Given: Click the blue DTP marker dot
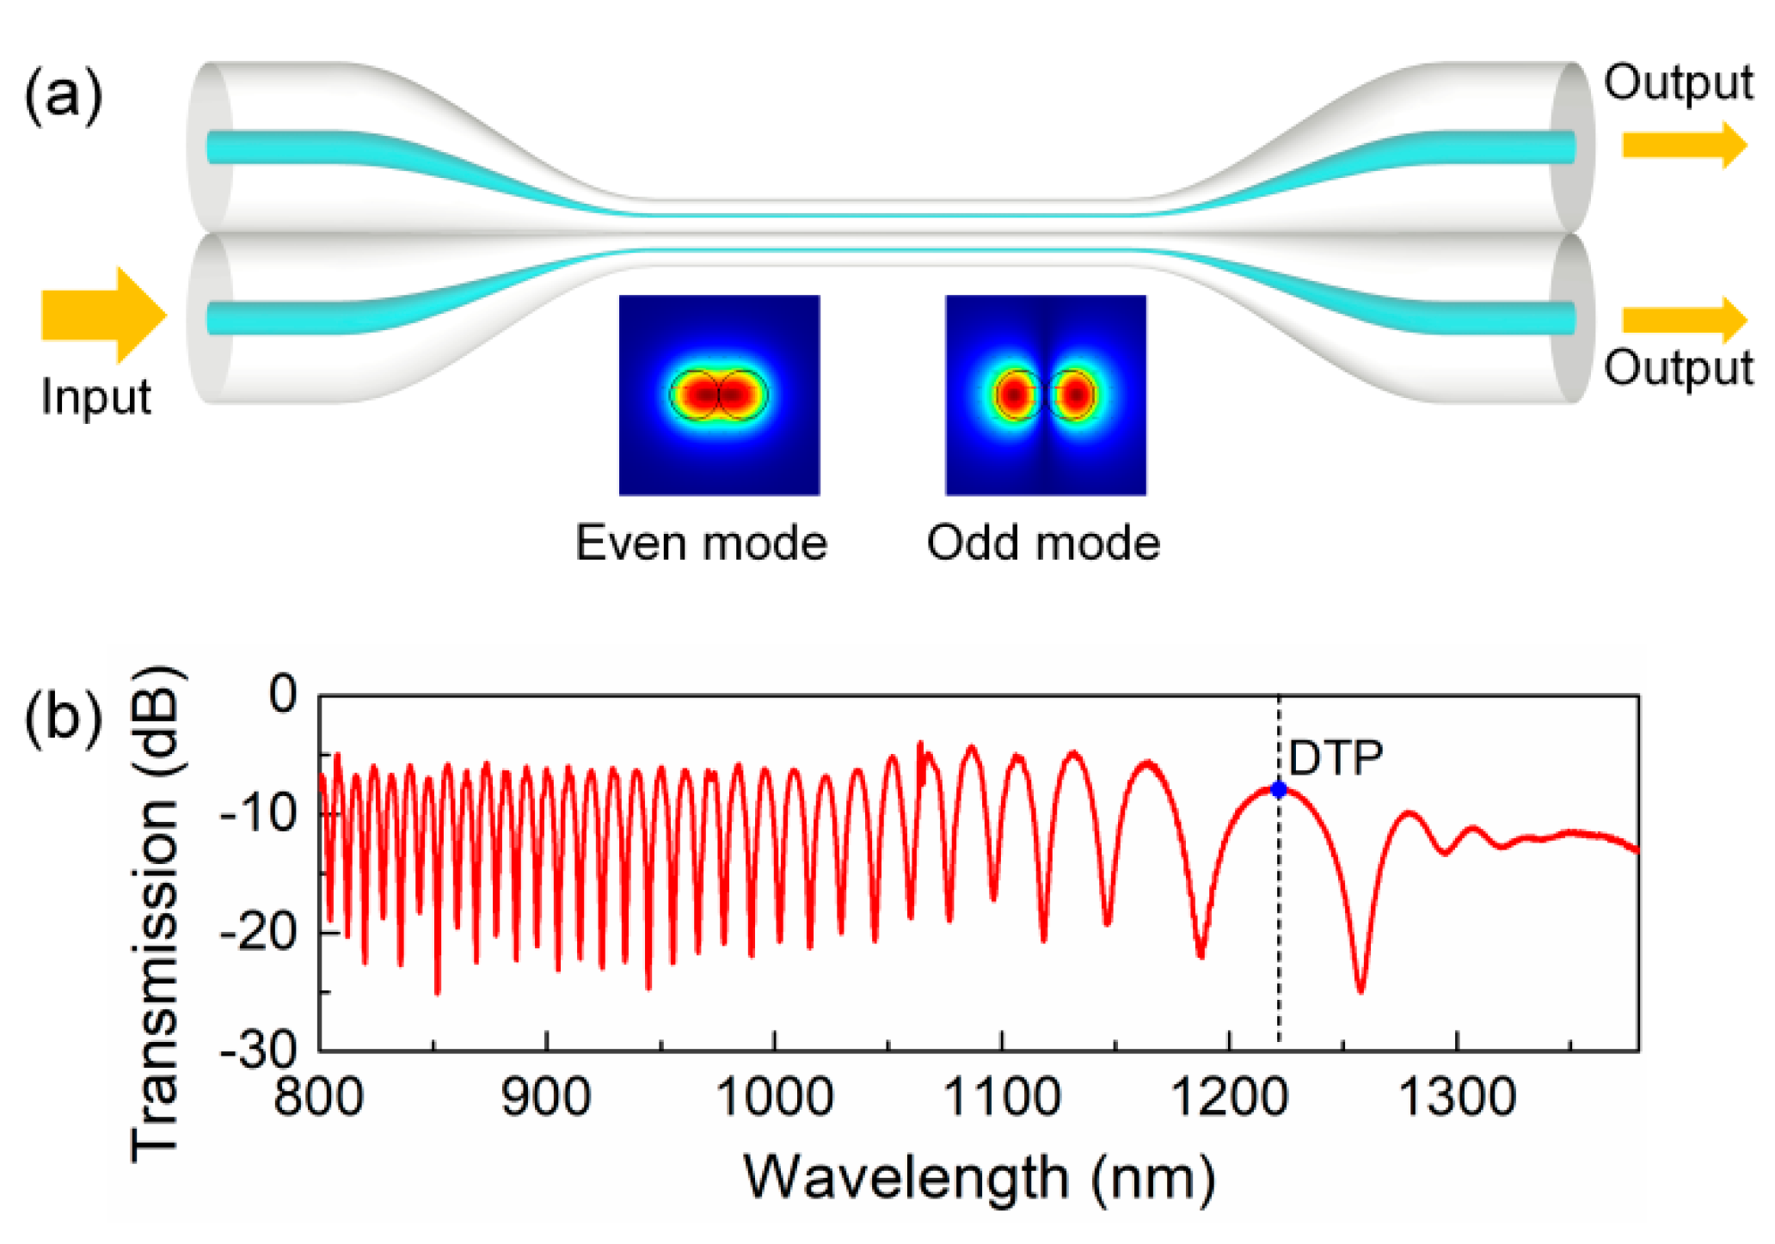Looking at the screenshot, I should (1279, 789).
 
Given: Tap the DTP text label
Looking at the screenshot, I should (1336, 758).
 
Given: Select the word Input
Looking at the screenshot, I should (95, 397).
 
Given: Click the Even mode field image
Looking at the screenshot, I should (719, 395).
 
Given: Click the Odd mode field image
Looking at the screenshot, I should (1046, 395).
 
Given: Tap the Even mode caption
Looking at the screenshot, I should (701, 543).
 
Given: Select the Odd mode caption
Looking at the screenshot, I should (1043, 543).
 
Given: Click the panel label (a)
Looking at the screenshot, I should (63, 95).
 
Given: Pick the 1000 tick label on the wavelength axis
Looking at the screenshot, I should (774, 1098).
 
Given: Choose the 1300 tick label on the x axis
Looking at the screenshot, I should (1457, 1098).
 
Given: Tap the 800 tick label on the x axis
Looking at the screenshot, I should (319, 1098).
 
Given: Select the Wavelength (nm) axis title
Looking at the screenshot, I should (979, 1177).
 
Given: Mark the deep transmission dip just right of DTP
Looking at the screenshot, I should (1360, 989).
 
